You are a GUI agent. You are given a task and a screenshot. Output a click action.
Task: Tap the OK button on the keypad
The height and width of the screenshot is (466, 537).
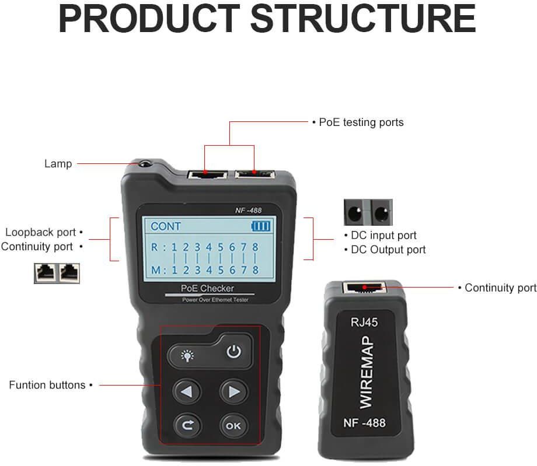coord(233,426)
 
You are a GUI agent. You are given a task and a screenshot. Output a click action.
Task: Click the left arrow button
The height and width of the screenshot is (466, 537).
coord(187,391)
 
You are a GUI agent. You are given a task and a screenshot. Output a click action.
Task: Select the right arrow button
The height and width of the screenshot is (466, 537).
coord(233,391)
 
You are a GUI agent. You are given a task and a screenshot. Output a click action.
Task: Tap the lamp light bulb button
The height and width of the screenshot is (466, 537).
coord(187,356)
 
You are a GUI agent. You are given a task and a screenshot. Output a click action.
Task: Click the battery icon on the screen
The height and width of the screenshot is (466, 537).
coord(261,226)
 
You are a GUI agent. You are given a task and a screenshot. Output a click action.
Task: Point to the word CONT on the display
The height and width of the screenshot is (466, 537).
coord(166,226)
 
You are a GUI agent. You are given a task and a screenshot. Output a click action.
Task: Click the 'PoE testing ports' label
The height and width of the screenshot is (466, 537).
coord(361,122)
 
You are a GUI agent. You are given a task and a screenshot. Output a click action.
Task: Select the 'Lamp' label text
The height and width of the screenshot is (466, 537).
coord(58,163)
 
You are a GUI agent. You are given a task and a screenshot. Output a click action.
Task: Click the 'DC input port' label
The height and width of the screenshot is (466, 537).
coord(383,236)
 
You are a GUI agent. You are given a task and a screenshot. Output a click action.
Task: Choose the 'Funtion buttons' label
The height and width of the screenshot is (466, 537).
coord(47,385)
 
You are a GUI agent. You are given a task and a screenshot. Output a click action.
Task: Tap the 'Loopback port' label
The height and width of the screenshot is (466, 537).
coord(40,232)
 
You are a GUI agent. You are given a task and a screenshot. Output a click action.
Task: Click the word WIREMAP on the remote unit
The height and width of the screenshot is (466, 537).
coord(366,372)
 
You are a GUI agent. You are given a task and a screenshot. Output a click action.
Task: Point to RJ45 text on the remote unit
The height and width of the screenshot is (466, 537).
coord(364,323)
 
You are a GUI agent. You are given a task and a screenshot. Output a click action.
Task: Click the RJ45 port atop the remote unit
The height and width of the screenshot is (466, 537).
coord(364,288)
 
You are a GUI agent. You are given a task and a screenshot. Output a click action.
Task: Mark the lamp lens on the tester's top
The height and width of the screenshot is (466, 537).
coord(145,164)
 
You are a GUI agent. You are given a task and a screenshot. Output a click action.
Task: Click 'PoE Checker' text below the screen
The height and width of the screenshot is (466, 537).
coord(207,289)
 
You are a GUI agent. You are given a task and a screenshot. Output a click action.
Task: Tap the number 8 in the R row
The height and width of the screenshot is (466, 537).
coord(255,247)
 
